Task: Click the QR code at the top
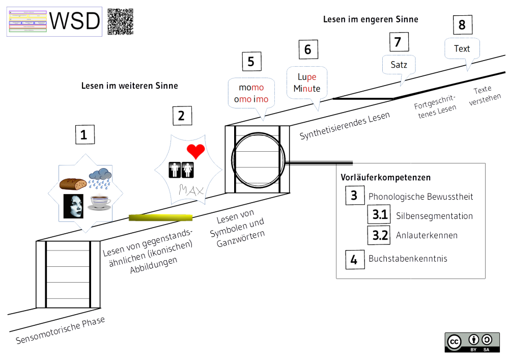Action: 121,22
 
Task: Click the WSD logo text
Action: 76,21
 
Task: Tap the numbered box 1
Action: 84,135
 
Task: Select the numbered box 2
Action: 181,116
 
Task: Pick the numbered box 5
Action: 251,62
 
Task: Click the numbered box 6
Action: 307,50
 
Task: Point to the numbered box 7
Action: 398,42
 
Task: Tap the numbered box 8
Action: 462,25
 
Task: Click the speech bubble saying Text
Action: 462,49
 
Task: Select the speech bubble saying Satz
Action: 399,65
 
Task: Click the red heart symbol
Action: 195,151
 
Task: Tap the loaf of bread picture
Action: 73,183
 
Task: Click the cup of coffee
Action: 100,203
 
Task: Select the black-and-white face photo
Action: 73,206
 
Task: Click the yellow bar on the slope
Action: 161,218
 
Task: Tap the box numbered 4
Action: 354,260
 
